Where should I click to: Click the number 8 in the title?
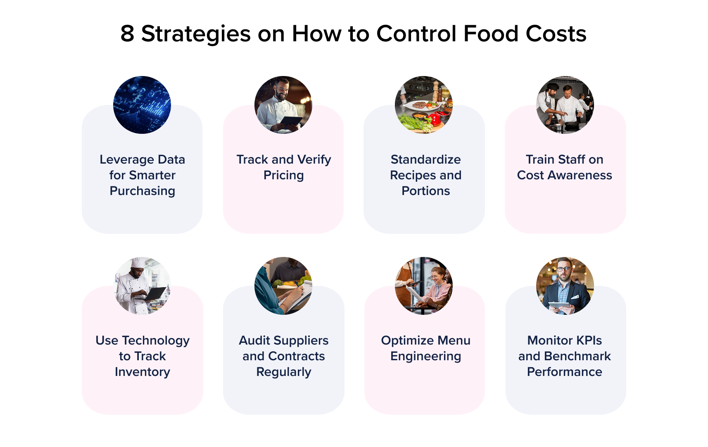tap(127, 34)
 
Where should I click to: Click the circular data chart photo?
tap(142, 105)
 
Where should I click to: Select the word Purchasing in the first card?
tap(143, 191)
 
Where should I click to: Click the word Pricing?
tap(284, 176)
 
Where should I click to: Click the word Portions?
tap(426, 191)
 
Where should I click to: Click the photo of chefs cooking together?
tap(565, 105)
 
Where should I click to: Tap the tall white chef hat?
tap(138, 262)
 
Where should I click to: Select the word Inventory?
tap(143, 372)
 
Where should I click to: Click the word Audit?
tap(255, 341)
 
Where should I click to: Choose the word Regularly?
tap(284, 372)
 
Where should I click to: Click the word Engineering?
tap(426, 357)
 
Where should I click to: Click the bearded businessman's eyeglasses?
tap(563, 269)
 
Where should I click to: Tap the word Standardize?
tap(426, 160)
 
